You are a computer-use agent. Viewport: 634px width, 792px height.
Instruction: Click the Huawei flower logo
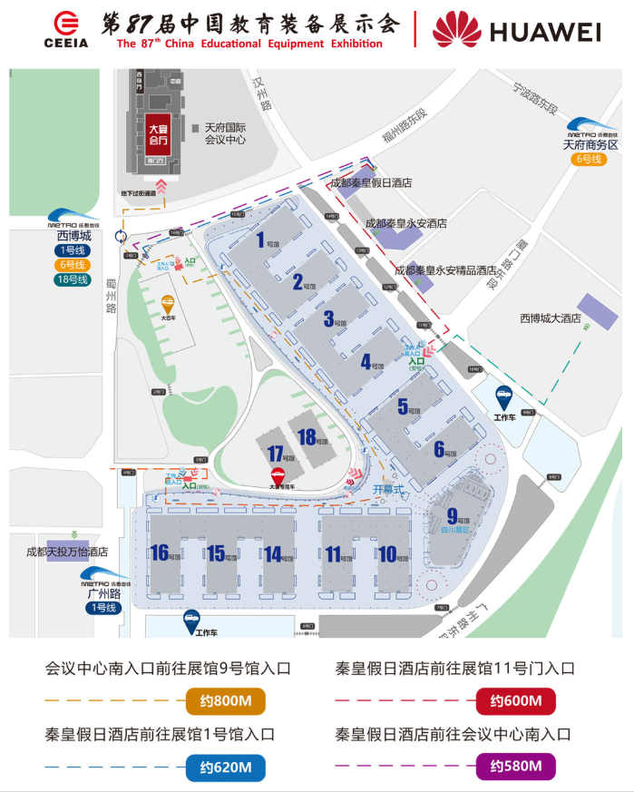(x=456, y=29)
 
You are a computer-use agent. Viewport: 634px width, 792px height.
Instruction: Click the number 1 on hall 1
(x=261, y=240)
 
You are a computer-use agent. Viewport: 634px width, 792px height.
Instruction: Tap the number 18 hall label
(x=307, y=438)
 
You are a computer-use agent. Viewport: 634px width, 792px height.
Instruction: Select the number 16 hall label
(x=161, y=552)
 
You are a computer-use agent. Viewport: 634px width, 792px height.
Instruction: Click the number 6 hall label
(x=439, y=448)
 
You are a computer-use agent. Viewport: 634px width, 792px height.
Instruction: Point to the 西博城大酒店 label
(x=551, y=318)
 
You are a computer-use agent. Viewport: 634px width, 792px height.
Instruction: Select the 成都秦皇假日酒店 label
(x=371, y=182)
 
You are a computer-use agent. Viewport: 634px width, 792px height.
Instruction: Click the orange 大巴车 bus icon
(x=168, y=305)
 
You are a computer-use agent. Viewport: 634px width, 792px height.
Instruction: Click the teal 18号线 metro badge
(x=70, y=279)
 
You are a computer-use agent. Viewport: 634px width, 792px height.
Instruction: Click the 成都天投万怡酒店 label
(x=67, y=551)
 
